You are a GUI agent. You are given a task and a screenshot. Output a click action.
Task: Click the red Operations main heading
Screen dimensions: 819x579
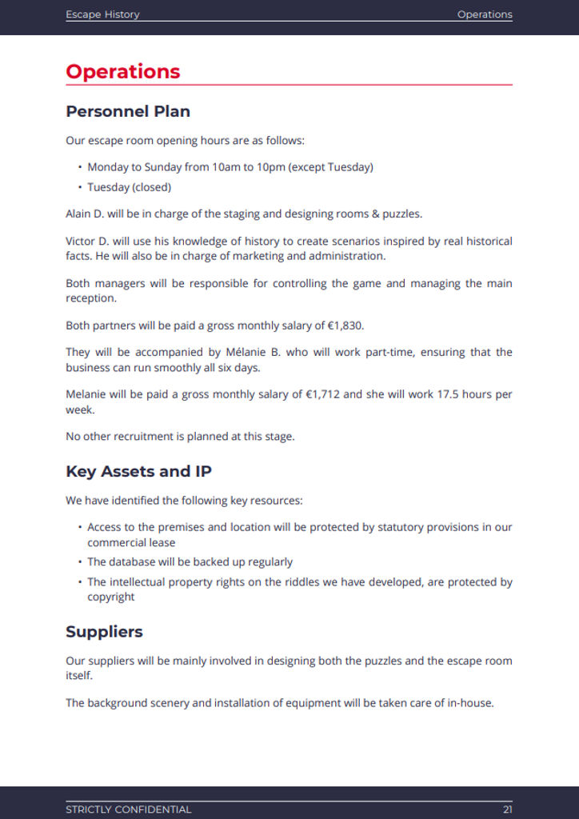coord(123,71)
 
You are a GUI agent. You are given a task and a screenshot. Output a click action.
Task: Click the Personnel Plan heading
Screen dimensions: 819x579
coord(128,111)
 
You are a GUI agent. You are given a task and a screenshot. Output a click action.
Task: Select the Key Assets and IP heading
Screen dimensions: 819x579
coord(138,471)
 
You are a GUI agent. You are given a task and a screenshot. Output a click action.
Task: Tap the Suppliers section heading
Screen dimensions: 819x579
coord(104,631)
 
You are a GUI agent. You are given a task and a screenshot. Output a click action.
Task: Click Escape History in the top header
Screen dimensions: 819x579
coord(102,14)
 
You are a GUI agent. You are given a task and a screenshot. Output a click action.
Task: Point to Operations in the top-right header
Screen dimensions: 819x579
coord(485,14)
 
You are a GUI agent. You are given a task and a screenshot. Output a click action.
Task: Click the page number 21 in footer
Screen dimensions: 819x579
coord(508,809)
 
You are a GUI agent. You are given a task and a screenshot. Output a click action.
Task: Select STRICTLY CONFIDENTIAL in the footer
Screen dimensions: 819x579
coord(129,809)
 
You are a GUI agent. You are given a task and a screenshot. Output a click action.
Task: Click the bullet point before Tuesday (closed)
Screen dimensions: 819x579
coord(80,187)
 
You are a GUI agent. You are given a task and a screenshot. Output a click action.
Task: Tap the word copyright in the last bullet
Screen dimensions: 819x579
coord(111,597)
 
